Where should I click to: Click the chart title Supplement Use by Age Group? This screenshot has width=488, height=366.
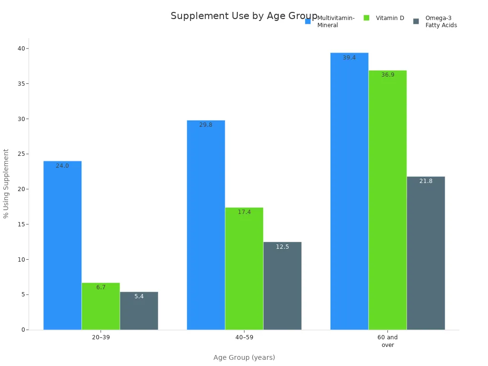click(244, 16)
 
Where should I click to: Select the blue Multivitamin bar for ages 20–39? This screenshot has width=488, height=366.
click(62, 245)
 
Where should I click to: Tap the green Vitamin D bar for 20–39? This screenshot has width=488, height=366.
click(101, 306)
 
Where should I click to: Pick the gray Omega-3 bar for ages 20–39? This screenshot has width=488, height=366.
click(139, 311)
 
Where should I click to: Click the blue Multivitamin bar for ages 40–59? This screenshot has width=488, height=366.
click(206, 225)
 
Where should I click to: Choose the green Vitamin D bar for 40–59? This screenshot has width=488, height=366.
click(244, 268)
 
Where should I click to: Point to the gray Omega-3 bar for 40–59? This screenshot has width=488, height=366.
click(282, 286)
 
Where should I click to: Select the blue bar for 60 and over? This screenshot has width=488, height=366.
click(349, 191)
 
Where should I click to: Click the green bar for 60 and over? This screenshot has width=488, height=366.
click(387, 200)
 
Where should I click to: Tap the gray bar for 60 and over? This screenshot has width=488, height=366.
click(426, 253)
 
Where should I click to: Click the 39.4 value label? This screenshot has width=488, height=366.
click(349, 58)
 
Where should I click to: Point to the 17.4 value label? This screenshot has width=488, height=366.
click(244, 212)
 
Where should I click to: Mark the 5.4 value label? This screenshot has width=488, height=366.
click(139, 296)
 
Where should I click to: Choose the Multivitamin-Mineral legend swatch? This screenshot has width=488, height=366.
click(308, 21)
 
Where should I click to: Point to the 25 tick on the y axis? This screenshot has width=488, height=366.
click(21, 154)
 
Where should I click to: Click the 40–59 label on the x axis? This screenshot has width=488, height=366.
click(244, 337)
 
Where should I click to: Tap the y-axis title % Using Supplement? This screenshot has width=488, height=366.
click(6, 183)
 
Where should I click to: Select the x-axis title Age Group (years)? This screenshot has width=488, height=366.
click(244, 357)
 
